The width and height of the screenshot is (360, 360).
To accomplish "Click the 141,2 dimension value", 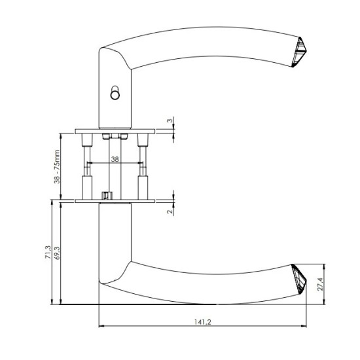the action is click(x=203, y=322).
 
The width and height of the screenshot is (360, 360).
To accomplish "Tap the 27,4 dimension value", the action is click(x=320, y=284).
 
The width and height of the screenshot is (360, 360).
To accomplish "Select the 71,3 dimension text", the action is click(x=48, y=252).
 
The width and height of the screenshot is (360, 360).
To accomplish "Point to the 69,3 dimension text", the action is click(x=57, y=253).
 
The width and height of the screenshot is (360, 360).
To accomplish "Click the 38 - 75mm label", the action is click(x=57, y=166).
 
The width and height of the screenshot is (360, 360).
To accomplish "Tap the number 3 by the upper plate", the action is click(x=170, y=120).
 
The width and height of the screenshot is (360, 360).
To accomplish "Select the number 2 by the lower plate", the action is click(x=170, y=211).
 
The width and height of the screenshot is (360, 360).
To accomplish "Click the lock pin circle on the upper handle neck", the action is click(x=115, y=93).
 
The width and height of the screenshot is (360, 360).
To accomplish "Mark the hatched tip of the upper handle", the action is click(x=299, y=52).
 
